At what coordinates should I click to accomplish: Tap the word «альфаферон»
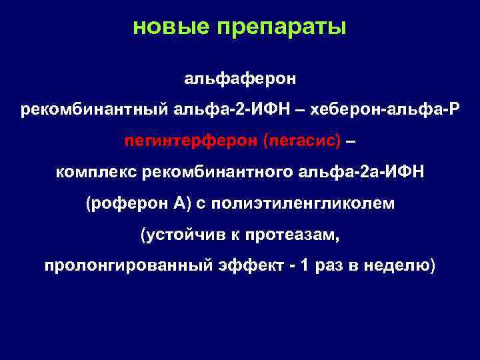tap(239, 80)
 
